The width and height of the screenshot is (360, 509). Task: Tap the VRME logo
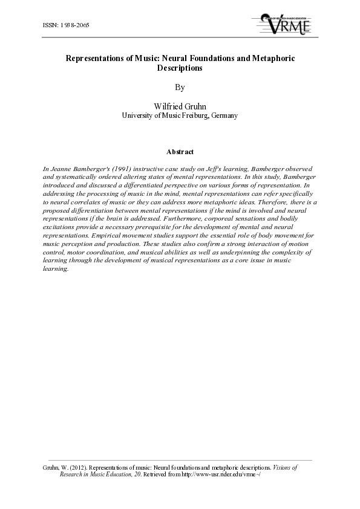pyautogui.click(x=285, y=24)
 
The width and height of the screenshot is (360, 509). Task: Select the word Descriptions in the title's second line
pyautogui.click(x=179, y=68)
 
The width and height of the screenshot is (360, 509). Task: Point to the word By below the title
pyautogui.click(x=179, y=87)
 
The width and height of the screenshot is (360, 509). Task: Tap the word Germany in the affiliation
pyautogui.click(x=224, y=115)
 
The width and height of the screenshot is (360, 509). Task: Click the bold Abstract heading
pyautogui.click(x=180, y=151)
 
